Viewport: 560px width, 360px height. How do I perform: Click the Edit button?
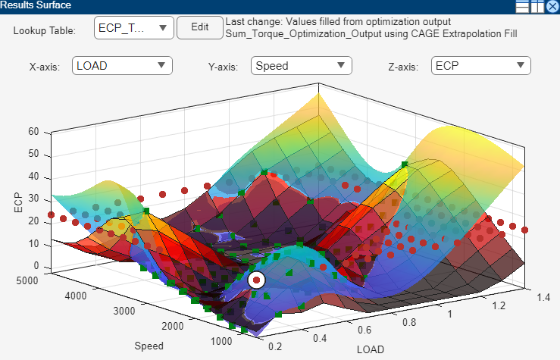(199, 28)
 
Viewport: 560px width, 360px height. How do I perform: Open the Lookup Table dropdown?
(135, 28)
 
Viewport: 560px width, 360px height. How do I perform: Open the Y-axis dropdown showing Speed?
(302, 66)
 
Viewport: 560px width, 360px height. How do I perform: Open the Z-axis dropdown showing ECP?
(480, 66)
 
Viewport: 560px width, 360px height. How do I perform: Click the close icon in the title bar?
(552, 7)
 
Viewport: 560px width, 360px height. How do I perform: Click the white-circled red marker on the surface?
(257, 280)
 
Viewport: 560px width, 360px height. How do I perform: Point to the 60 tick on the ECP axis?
(33, 131)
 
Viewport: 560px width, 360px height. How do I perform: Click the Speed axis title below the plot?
(149, 346)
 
